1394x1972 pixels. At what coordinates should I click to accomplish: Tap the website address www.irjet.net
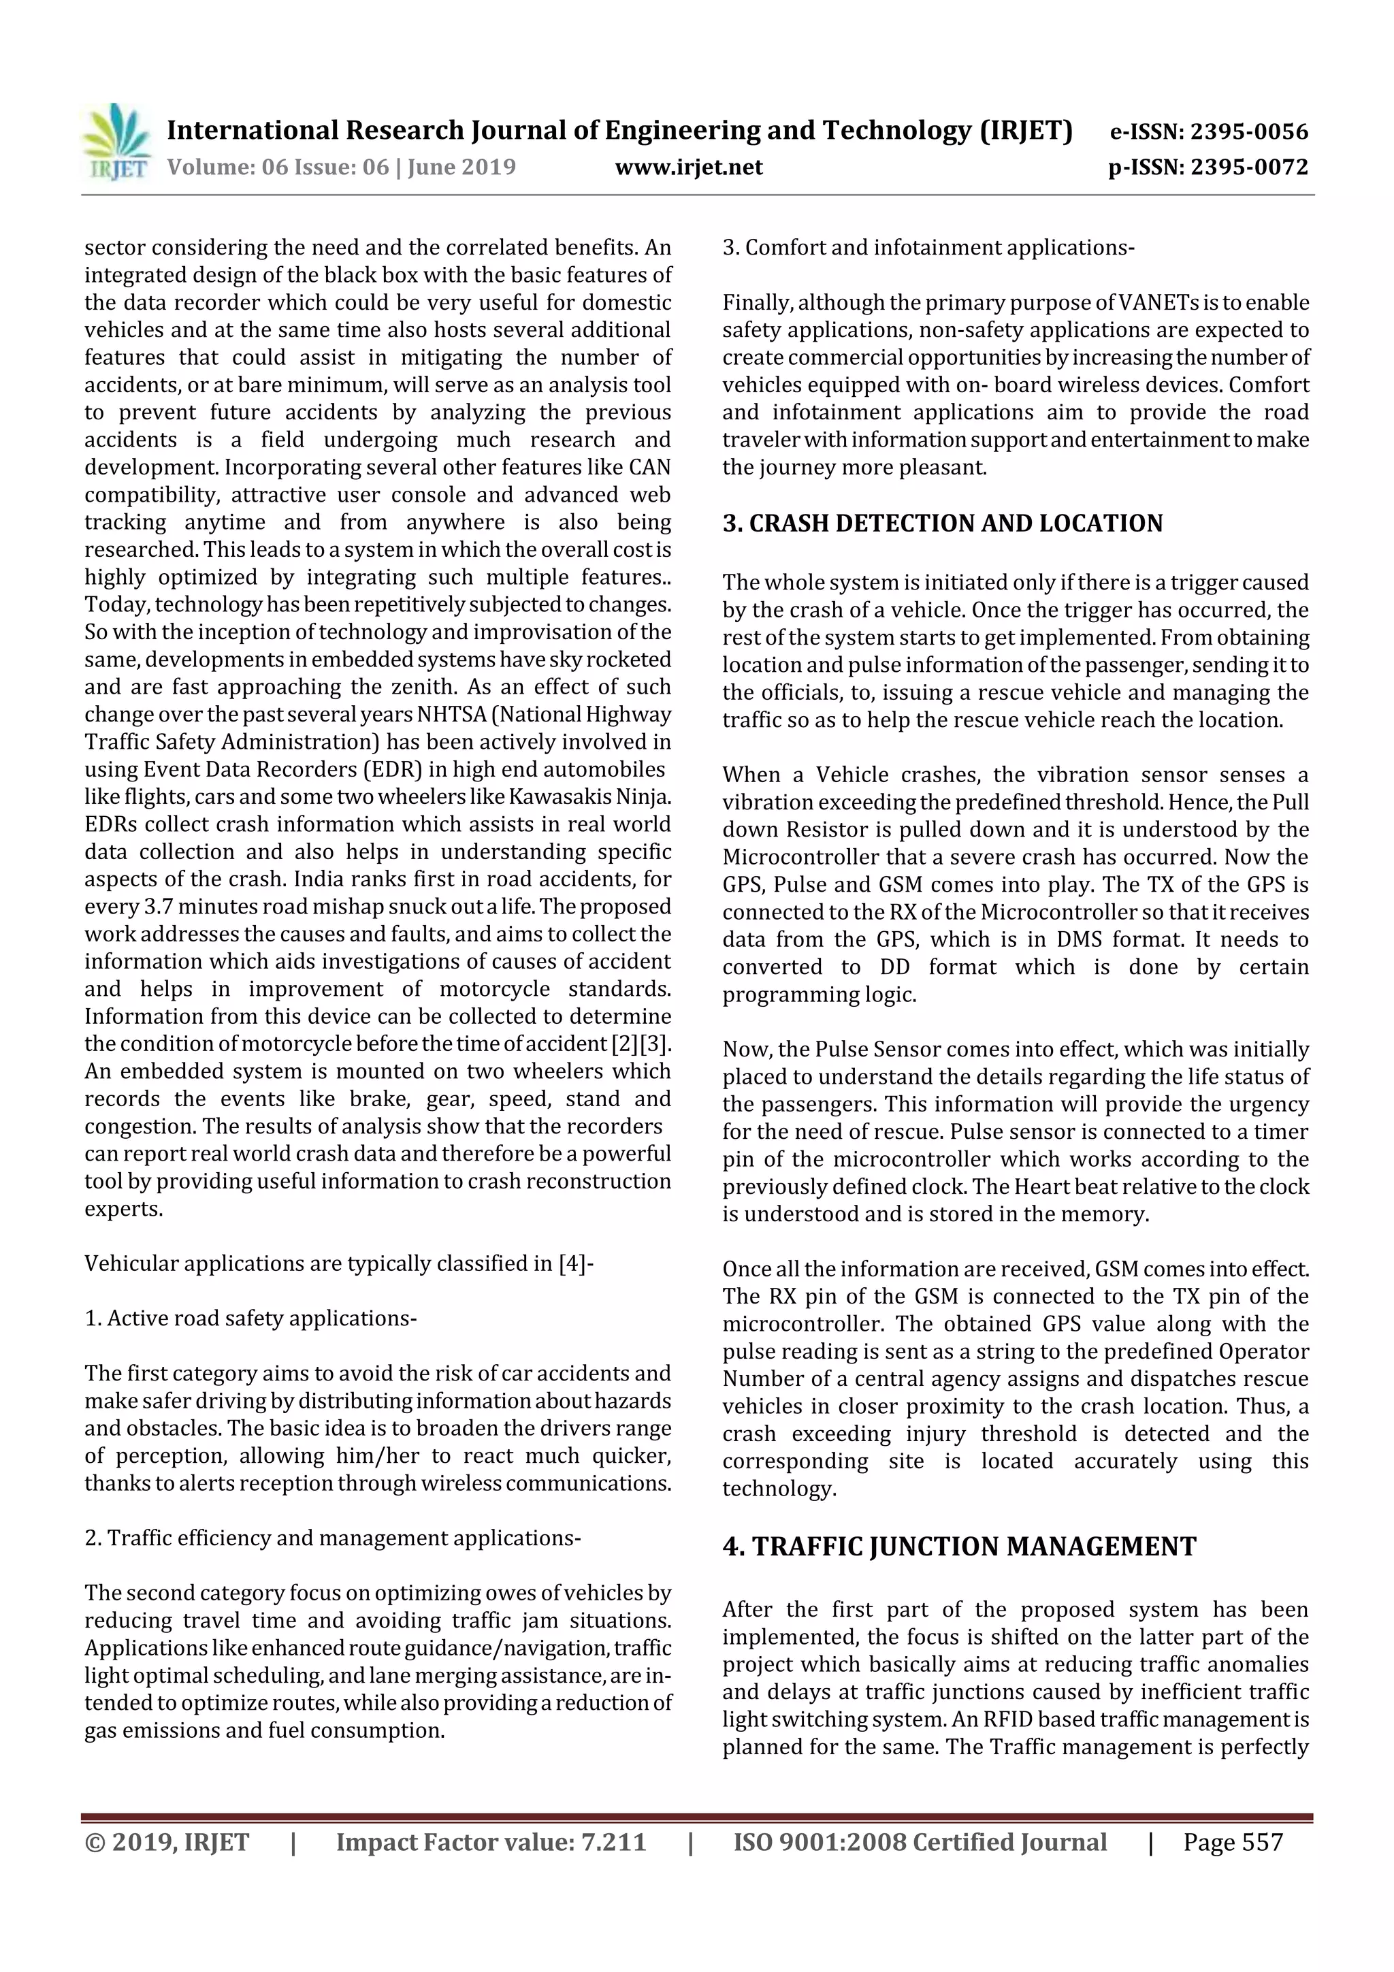tap(689, 167)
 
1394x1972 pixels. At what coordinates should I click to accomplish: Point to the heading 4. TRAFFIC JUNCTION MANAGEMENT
tap(958, 1547)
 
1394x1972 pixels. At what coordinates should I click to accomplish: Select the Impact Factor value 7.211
tap(613, 1842)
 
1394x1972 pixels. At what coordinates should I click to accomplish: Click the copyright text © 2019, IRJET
tap(167, 1842)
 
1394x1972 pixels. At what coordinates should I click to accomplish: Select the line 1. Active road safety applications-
tap(250, 1319)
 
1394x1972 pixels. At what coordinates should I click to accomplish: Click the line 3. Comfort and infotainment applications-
tap(928, 248)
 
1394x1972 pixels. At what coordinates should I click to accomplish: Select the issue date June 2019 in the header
tap(461, 167)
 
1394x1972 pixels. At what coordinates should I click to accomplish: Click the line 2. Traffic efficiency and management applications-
tap(332, 1538)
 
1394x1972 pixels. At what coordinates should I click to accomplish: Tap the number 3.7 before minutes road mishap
tap(152, 907)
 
